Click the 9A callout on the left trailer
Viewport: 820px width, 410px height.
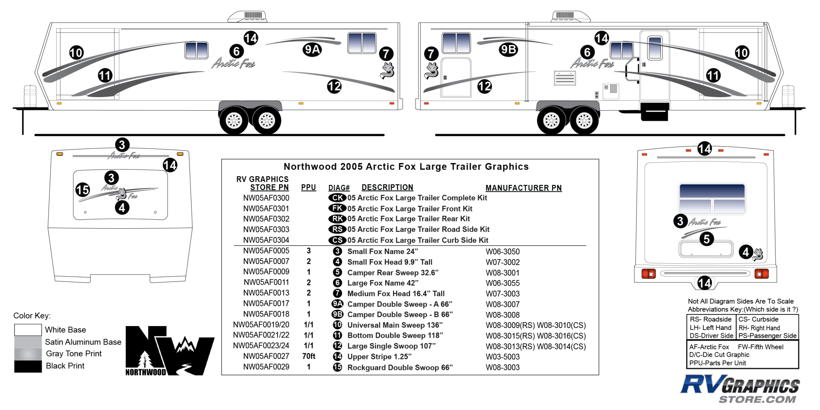point(312,50)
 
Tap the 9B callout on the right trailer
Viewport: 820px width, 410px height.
point(508,50)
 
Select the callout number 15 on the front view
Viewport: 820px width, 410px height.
point(83,190)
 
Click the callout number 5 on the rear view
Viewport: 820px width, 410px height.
point(707,239)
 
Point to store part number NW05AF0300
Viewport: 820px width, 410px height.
point(266,198)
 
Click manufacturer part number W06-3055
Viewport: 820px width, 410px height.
point(502,283)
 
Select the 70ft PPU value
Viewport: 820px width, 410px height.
point(309,356)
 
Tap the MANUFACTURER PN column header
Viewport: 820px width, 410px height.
point(523,188)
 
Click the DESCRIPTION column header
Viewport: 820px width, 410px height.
point(387,187)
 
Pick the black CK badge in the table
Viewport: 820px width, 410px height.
point(337,198)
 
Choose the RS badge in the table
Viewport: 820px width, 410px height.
point(337,229)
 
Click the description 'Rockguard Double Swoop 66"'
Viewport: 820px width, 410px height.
point(400,367)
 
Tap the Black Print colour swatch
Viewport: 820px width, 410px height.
point(28,366)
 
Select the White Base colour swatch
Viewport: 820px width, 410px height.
point(28,330)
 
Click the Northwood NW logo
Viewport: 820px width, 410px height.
point(169,351)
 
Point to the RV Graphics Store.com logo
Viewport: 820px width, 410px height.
point(740,389)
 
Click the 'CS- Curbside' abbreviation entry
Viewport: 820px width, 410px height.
point(758,319)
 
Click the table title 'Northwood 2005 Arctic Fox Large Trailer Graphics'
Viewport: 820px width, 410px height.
point(406,167)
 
